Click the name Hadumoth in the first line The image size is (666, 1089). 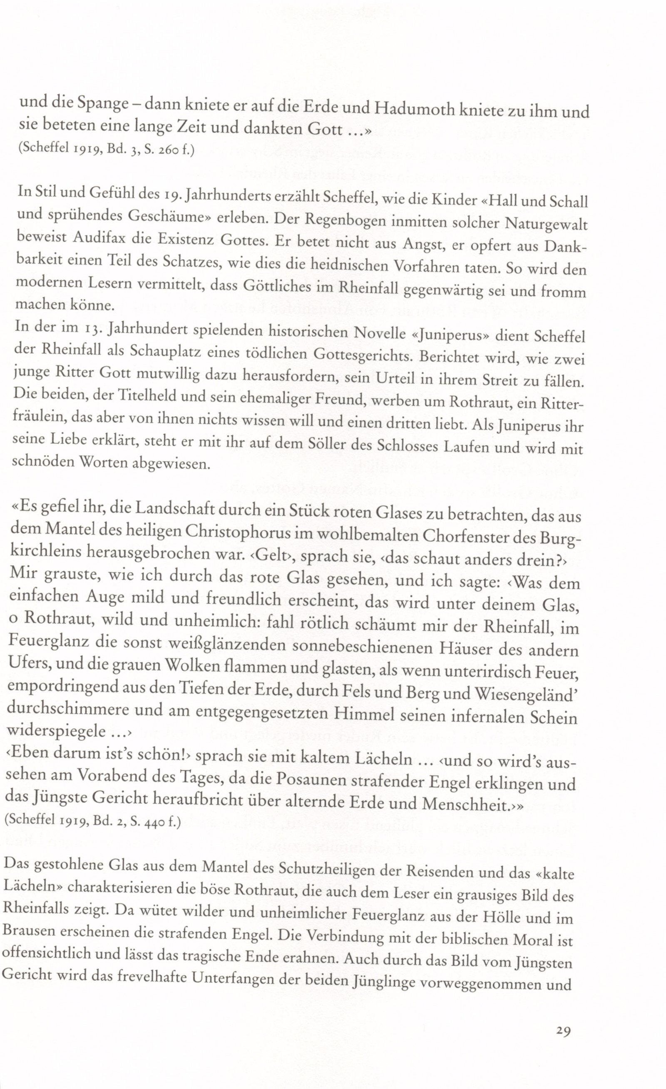[x=413, y=107]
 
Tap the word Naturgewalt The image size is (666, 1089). [x=546, y=224]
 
